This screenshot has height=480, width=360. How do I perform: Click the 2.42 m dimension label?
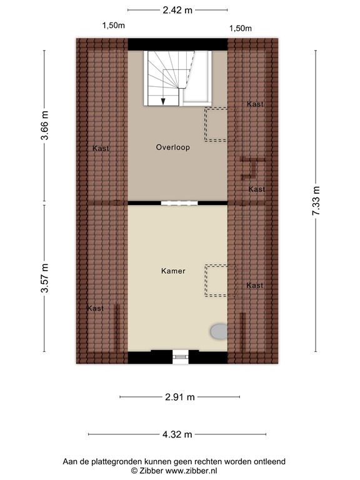pos(177,10)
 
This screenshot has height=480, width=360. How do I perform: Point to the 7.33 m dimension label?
pos(316,201)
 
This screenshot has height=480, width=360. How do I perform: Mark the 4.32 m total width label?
pos(177,434)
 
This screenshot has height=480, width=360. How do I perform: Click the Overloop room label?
pos(172,148)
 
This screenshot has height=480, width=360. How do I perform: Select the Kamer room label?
pos(173,271)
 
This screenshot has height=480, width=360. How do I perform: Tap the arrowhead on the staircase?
pos(162,101)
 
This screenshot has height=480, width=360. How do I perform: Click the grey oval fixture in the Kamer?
pos(219,331)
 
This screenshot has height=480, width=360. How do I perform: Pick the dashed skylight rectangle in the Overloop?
pos(217,124)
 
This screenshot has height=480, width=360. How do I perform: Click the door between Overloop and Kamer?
pos(178,203)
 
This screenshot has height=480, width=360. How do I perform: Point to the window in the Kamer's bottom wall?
pos(180,357)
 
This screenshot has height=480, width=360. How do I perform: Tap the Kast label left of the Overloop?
pos(101,148)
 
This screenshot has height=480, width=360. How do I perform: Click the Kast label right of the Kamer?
pos(255,286)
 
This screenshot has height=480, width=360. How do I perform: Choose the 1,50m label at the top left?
pos(114,26)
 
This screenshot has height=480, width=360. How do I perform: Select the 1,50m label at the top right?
pos(241,28)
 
